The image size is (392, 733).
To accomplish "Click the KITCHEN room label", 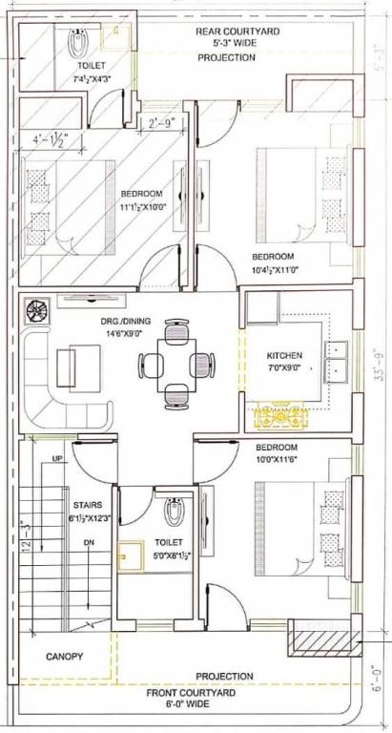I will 283,356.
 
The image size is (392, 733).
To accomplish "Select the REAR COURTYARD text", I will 237,31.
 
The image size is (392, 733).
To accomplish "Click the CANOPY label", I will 64,657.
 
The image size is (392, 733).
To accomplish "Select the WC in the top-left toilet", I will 79,41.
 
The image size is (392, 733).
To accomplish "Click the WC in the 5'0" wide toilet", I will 173,513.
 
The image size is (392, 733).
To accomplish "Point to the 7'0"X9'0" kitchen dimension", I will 283,367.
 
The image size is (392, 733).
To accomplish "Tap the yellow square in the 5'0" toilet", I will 129,555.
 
